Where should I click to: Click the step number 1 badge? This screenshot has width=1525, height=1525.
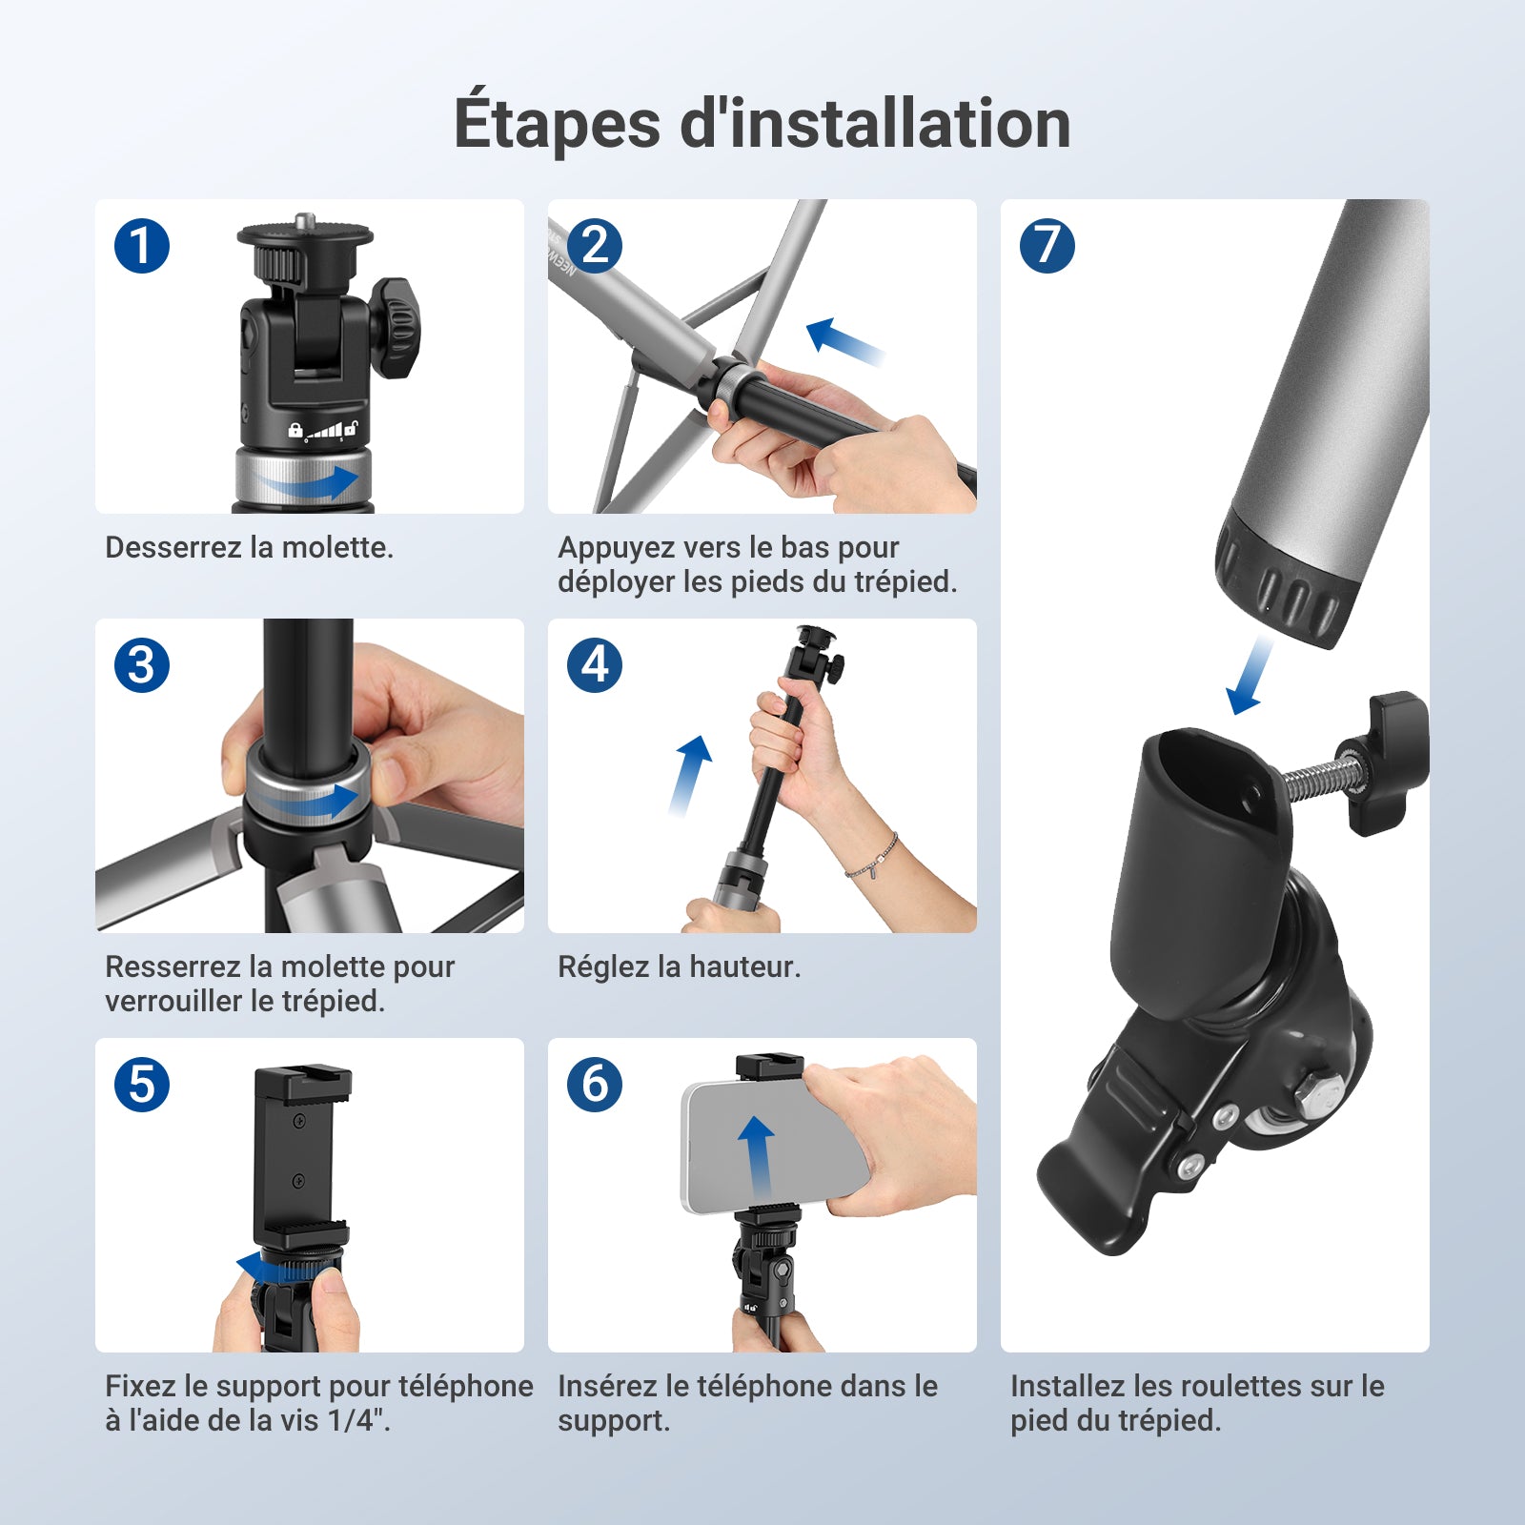pyautogui.click(x=142, y=246)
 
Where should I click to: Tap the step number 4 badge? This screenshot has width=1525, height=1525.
pyautogui.click(x=595, y=665)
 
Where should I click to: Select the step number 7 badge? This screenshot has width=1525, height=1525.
pyautogui.click(x=1047, y=246)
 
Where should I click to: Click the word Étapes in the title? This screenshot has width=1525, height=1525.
pyautogui.click(x=557, y=123)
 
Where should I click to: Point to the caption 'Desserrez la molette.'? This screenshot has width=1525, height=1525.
pyautogui.click(x=249, y=547)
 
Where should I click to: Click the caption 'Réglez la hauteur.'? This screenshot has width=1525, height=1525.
pyautogui.click(x=679, y=966)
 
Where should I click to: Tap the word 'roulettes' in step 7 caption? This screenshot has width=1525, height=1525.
pyautogui.click(x=1241, y=1386)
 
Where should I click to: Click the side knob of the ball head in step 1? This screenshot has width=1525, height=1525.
pyautogui.click(x=395, y=327)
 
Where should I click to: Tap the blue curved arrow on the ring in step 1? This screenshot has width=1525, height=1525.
pyautogui.click(x=310, y=483)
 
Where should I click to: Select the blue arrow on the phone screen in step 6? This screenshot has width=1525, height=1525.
pyautogui.click(x=757, y=1157)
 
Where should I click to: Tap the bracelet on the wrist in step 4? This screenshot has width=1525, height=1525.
pyautogui.click(x=873, y=858)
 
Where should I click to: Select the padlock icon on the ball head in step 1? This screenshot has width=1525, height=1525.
pyautogui.click(x=295, y=430)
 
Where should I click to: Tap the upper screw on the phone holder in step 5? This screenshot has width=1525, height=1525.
pyautogui.click(x=298, y=1121)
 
